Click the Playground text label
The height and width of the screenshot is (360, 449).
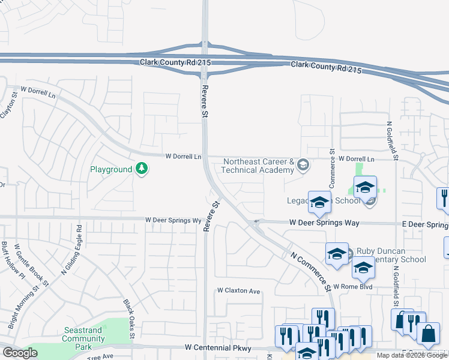(111, 170)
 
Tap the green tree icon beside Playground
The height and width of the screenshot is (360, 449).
(142, 169)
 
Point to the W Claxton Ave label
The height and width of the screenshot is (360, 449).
(239, 291)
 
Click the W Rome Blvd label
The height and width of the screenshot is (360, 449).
(353, 287)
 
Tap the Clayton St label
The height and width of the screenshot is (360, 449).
(7, 104)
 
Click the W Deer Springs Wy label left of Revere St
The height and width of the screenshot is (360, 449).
(173, 221)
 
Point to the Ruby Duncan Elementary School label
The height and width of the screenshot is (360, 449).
(391, 255)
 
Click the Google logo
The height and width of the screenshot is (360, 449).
(20, 353)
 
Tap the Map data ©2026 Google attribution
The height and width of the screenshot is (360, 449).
(412, 355)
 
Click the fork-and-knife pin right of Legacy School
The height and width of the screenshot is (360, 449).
(444, 197)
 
